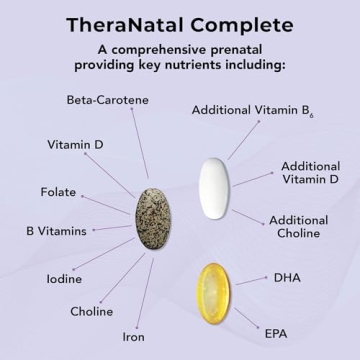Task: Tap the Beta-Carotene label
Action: coord(106,100)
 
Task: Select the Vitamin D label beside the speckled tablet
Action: coord(74,144)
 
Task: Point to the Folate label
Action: coord(58,192)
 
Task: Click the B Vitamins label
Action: coord(59,231)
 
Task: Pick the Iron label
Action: coord(133,337)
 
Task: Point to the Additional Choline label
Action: coord(298,226)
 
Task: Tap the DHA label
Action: coord(287,277)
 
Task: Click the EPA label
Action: coord(277,329)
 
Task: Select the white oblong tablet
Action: coord(213,184)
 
